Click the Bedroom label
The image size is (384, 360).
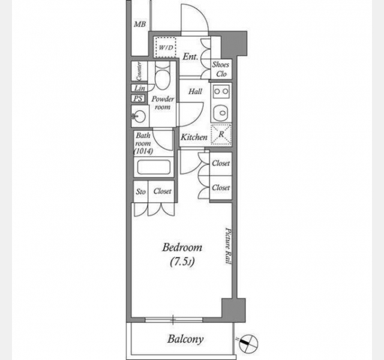[x=182, y=248]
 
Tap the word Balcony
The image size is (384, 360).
[x=185, y=339]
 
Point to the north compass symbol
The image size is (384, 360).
[x=248, y=343]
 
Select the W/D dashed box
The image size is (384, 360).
[x=166, y=47]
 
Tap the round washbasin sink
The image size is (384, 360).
[x=139, y=116]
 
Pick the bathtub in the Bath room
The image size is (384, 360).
[x=154, y=167]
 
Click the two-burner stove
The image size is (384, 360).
[x=221, y=91]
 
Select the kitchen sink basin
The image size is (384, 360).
[x=221, y=113]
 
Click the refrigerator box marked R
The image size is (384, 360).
[x=221, y=134]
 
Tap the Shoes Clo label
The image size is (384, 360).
[x=221, y=69]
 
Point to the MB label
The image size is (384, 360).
[x=140, y=24]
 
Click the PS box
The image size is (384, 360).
[x=138, y=98]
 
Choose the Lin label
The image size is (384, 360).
[x=140, y=88]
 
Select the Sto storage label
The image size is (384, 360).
[x=140, y=191]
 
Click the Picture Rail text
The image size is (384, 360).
[x=228, y=246]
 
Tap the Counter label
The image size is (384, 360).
[x=139, y=71]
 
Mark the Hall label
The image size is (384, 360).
[x=195, y=92]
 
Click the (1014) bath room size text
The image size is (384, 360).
[x=143, y=151]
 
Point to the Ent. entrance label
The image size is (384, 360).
[x=191, y=57]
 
